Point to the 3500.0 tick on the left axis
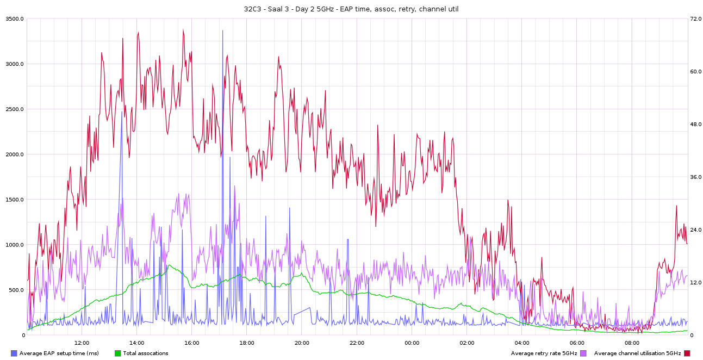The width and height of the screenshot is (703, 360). pos(14,19)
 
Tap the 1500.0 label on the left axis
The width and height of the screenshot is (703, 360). pos(14,200)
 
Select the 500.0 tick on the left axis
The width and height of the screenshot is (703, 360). pos(15,290)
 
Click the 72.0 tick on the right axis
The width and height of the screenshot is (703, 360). pos(695,19)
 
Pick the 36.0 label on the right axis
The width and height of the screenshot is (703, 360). pos(695,177)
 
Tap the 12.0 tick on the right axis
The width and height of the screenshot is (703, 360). pos(695,283)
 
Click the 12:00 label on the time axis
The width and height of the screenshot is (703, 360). pos(82,343)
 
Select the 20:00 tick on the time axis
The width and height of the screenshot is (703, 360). pos(302,343)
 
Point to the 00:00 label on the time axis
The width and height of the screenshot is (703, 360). pos(412,343)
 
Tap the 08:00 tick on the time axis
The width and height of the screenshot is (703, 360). pos(632,343)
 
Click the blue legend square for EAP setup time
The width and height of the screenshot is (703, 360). pos(14,353)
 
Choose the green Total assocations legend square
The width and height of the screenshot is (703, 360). pos(118,353)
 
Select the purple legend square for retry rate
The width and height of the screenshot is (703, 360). pos(583,353)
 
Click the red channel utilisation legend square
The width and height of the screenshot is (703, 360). pos(687,353)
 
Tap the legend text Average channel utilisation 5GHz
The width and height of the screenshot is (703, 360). pos(637,353)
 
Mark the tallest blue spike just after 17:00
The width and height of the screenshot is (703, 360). pos(222,31)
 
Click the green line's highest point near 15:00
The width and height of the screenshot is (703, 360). pos(170,265)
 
